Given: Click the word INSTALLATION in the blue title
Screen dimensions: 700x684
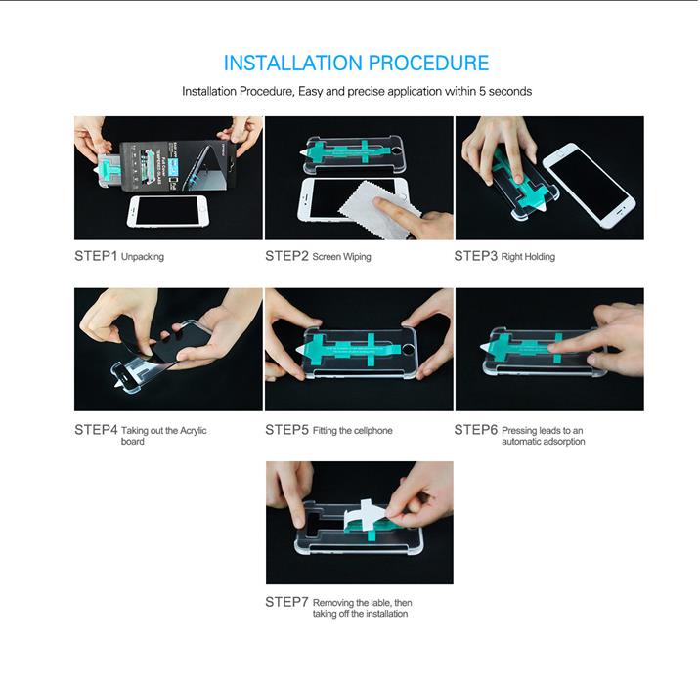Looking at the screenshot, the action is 292,63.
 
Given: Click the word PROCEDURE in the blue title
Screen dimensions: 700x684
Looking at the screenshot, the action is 429,63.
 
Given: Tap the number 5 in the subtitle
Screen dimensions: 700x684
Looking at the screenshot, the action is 482,92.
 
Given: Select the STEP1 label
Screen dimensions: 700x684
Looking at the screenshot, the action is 96,256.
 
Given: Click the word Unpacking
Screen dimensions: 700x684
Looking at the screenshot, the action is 143,257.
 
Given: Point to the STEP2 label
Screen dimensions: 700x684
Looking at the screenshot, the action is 286,256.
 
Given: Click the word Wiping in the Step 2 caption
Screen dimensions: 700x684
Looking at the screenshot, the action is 356,257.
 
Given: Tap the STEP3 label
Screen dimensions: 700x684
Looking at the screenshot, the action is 475,256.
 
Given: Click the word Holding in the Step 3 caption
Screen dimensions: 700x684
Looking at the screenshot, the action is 541,257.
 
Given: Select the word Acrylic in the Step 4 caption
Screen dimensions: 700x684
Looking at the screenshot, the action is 194,431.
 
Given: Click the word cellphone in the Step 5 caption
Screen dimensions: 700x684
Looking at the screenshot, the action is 373,431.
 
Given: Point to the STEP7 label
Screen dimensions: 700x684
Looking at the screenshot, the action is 286,602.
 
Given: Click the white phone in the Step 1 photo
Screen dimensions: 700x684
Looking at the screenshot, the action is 168,211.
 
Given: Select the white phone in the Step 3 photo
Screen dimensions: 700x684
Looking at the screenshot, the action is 589,185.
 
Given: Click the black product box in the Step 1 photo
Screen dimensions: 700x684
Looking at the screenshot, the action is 179,165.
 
